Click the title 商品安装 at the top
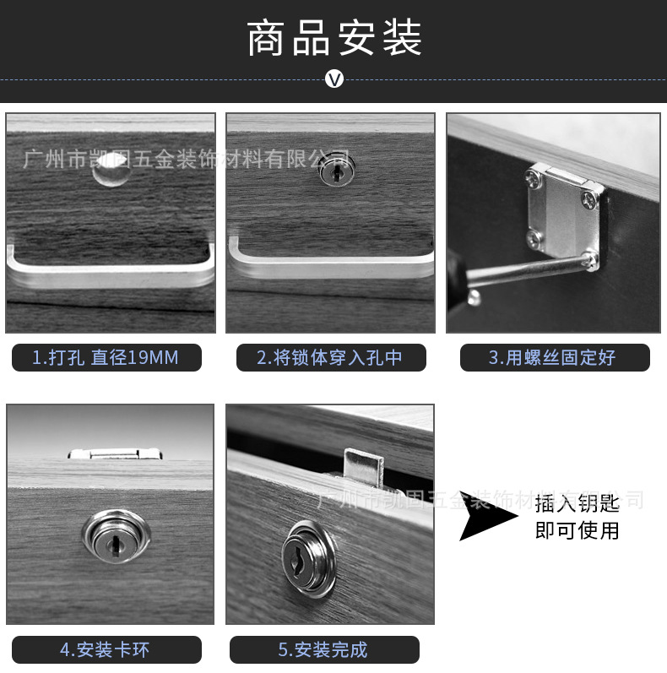pyautogui.click(x=334, y=39)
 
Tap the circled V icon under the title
pyautogui.click(x=334, y=80)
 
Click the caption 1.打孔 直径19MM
pyautogui.click(x=106, y=358)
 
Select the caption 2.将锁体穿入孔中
pyautogui.click(x=329, y=358)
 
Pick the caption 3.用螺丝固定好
pyautogui.click(x=554, y=358)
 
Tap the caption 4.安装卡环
pyautogui.click(x=106, y=649)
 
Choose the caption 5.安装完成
pyautogui.click(x=323, y=649)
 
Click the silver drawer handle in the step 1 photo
pyautogui.click(x=110, y=272)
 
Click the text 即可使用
pyautogui.click(x=577, y=531)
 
